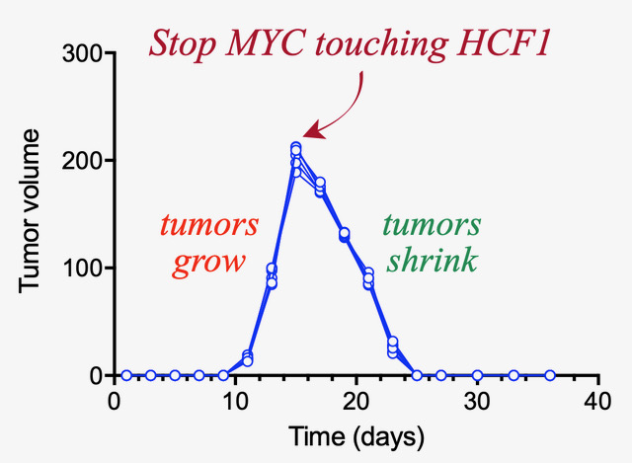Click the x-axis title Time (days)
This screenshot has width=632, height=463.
point(356,435)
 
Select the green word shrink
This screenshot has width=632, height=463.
point(432,263)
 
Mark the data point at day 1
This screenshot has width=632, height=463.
point(126,375)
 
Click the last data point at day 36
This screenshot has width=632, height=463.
point(550,375)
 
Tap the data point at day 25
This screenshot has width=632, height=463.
point(417,375)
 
